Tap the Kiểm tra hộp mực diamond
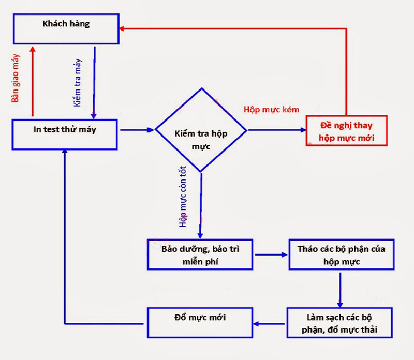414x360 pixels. tap(201, 130)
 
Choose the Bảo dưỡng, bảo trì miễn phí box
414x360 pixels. tap(200, 254)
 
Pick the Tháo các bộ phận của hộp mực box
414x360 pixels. tap(341, 254)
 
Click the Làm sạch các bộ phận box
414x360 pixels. tap(341, 323)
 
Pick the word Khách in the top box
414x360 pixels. tap(52, 24)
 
